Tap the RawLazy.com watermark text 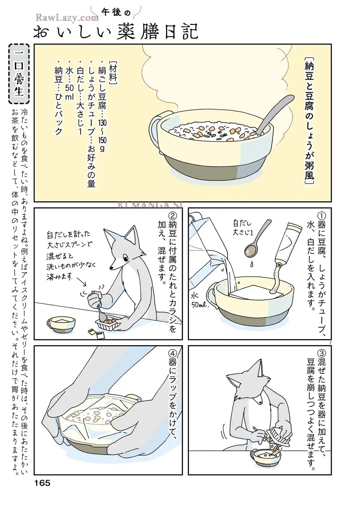click(x=67, y=17)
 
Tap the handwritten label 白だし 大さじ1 click(x=243, y=228)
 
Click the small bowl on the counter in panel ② click(x=61, y=324)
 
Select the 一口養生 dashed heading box click(x=19, y=73)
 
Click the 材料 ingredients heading click(x=113, y=73)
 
